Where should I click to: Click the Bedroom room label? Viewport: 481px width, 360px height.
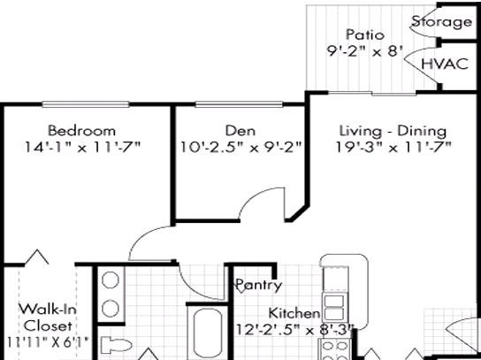tap(81, 131)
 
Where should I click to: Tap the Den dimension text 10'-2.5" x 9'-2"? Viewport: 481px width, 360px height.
tap(240, 148)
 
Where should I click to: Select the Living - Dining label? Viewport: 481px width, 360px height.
tap(393, 131)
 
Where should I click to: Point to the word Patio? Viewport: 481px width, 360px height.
tap(365, 34)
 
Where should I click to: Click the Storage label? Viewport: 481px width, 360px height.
tap(441, 22)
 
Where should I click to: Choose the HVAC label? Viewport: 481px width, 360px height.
tap(445, 64)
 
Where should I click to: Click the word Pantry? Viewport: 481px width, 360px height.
tap(258, 285)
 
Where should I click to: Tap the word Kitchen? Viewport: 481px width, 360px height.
tap(294, 313)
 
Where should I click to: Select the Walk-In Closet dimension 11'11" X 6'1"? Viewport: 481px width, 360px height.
tap(48, 342)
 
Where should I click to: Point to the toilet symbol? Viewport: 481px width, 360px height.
tap(116, 345)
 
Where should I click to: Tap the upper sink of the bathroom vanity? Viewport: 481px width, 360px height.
tap(111, 280)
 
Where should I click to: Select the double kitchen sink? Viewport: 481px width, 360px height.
tap(334, 308)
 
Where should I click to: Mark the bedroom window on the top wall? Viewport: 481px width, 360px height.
tap(86, 104)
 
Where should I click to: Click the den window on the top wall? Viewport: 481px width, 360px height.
tap(239, 104)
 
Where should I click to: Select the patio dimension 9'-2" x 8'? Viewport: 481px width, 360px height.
tap(364, 51)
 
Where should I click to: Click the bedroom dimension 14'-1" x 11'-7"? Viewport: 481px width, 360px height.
tap(82, 148)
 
